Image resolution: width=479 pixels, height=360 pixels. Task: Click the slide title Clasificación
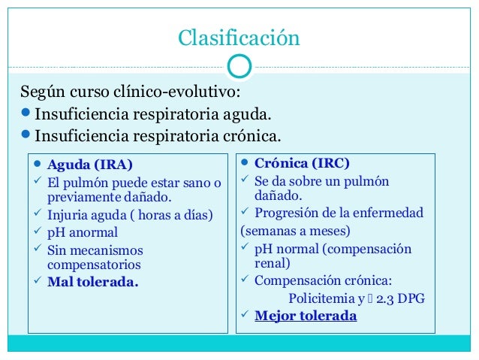pos(239,38)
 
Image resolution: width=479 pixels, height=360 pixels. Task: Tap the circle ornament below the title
pos(239,66)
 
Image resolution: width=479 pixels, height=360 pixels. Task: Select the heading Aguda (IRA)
pos(90,163)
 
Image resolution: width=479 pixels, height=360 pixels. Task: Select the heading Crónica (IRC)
pos(302,162)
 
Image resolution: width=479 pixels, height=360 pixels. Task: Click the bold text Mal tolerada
pos(93,283)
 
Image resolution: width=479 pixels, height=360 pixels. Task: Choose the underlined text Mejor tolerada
pos(306,316)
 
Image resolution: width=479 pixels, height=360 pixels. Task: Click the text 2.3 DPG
pos(402,298)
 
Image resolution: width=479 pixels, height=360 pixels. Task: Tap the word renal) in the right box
pos(272,264)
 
